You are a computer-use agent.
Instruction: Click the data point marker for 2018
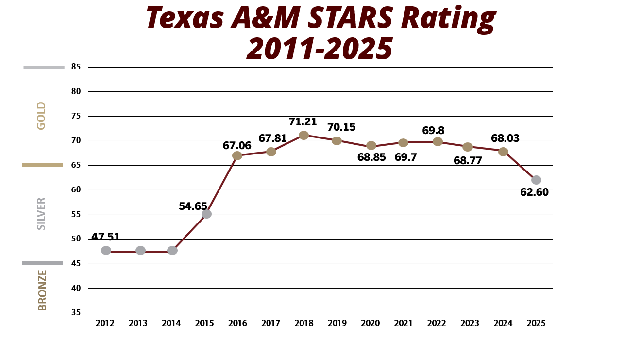(303, 135)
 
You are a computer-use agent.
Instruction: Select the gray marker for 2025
(536, 180)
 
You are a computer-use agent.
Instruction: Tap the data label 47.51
(105, 237)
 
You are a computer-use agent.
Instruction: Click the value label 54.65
(193, 206)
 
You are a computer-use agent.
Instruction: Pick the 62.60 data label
(534, 192)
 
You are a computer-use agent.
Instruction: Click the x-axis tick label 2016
(237, 324)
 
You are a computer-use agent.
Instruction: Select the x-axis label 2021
(403, 324)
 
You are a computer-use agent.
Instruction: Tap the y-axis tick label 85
(77, 67)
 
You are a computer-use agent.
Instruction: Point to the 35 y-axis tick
(77, 312)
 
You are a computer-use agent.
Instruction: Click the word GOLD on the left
(41, 116)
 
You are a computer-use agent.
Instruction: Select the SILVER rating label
(41, 213)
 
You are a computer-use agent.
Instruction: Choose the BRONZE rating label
(42, 290)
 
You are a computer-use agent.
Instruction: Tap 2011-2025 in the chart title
(320, 49)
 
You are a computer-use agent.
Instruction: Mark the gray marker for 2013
(140, 250)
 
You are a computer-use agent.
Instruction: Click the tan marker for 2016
(237, 155)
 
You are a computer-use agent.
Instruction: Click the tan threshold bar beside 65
(43, 165)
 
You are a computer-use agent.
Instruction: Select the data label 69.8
(434, 131)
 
